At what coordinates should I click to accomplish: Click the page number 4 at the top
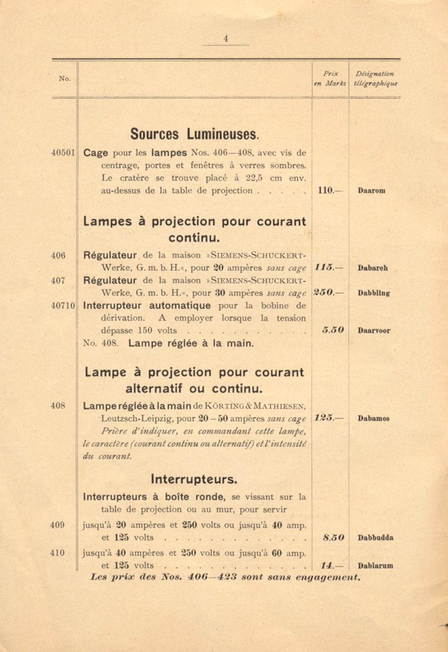pyautogui.click(x=226, y=39)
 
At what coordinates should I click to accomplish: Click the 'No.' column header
pyautogui.click(x=65, y=79)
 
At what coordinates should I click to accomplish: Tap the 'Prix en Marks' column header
pyautogui.click(x=330, y=79)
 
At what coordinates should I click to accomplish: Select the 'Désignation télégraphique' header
pyautogui.click(x=375, y=79)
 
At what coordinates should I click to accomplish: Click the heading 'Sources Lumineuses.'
pyautogui.click(x=195, y=134)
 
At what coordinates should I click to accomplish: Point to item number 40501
pyautogui.click(x=63, y=153)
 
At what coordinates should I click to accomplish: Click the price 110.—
pyautogui.click(x=330, y=190)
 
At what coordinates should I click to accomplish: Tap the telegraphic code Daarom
pyautogui.click(x=371, y=191)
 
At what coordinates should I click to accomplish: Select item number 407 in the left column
pyautogui.click(x=58, y=280)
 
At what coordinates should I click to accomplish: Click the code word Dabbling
pyautogui.click(x=374, y=293)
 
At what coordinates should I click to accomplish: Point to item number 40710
pyautogui.click(x=63, y=306)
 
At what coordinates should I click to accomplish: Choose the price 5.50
pyautogui.click(x=333, y=330)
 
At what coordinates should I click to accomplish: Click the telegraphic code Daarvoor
pyautogui.click(x=374, y=331)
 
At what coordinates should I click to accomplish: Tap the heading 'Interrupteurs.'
pyautogui.click(x=194, y=479)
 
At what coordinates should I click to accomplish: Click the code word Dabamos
pyautogui.click(x=373, y=419)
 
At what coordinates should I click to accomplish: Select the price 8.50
pyautogui.click(x=333, y=538)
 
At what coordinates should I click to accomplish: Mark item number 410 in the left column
pyautogui.click(x=57, y=553)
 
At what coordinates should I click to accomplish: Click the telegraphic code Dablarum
pyautogui.click(x=375, y=566)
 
